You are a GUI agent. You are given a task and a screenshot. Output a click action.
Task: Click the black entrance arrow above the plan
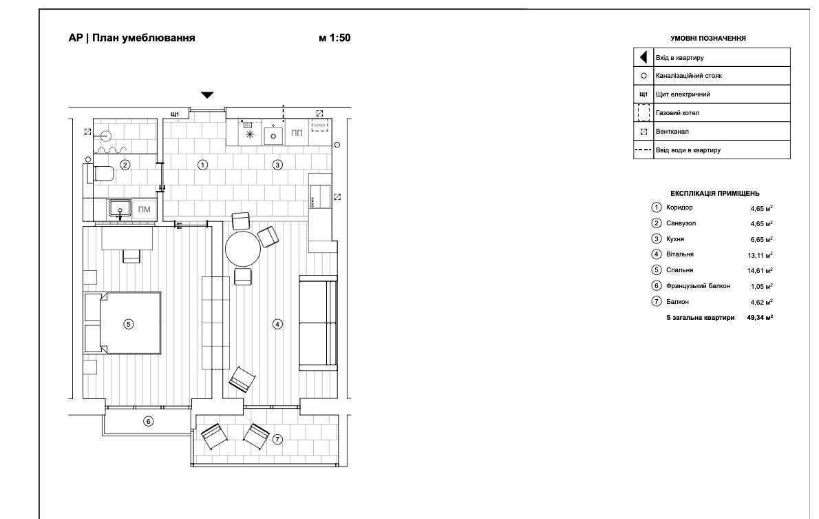pyautogui.click(x=207, y=94)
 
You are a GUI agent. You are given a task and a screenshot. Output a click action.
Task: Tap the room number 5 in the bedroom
pyautogui.click(x=129, y=324)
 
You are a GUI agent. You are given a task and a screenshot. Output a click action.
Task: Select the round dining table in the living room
pyautogui.click(x=243, y=249)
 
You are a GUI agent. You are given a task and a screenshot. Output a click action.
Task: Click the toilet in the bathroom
pyautogui.click(x=103, y=173)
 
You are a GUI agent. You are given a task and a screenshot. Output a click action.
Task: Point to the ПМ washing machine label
pyautogui.click(x=144, y=210)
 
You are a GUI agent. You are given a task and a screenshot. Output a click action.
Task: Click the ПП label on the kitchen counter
pyautogui.click(x=297, y=133)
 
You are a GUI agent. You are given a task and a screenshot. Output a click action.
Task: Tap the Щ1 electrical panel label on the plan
pyautogui.click(x=175, y=114)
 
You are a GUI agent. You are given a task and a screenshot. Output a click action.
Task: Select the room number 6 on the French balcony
pyautogui.click(x=149, y=421)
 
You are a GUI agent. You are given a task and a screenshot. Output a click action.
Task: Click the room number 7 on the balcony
pyautogui.click(x=277, y=440)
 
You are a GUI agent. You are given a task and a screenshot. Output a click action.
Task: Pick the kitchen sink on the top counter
pyautogui.click(x=273, y=135)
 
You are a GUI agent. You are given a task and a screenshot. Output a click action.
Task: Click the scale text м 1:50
pyautogui.click(x=334, y=38)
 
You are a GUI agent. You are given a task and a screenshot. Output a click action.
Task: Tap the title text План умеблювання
pyautogui.click(x=144, y=38)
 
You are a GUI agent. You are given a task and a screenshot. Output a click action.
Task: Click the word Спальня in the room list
pyautogui.click(x=679, y=270)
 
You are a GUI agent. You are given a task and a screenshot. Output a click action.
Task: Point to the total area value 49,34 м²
pyautogui.click(x=760, y=318)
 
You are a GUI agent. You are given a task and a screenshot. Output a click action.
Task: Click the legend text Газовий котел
pyautogui.click(x=677, y=113)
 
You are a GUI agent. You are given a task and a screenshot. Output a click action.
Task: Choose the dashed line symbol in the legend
pyautogui.click(x=643, y=150)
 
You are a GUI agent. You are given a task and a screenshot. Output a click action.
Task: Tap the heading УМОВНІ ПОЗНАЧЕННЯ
pyautogui.click(x=708, y=38)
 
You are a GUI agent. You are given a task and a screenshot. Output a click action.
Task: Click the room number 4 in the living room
pyautogui.click(x=277, y=325)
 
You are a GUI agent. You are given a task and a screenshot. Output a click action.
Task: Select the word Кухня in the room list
pyautogui.click(x=675, y=239)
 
